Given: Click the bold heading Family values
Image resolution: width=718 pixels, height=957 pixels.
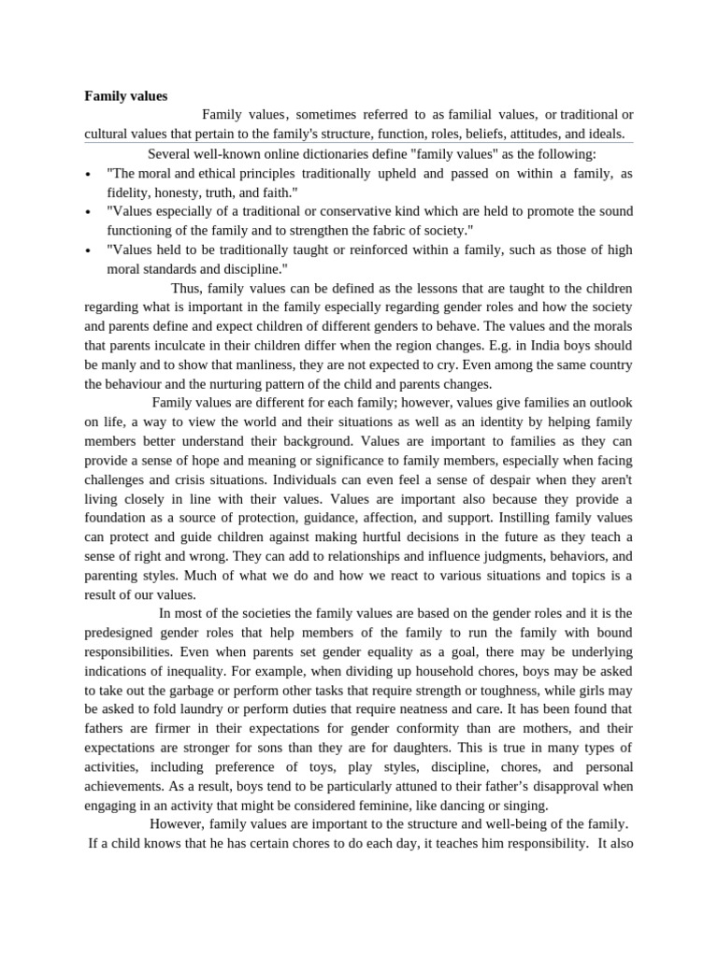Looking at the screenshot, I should point(126,95).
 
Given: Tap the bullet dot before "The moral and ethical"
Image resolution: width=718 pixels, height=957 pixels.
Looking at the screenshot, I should point(87,175).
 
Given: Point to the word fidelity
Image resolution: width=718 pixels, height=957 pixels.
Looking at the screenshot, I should point(130,192).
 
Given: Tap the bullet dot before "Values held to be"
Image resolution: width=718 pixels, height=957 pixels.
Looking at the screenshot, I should point(87,251).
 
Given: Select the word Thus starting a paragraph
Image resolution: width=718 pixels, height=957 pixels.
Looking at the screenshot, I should point(185,288).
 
